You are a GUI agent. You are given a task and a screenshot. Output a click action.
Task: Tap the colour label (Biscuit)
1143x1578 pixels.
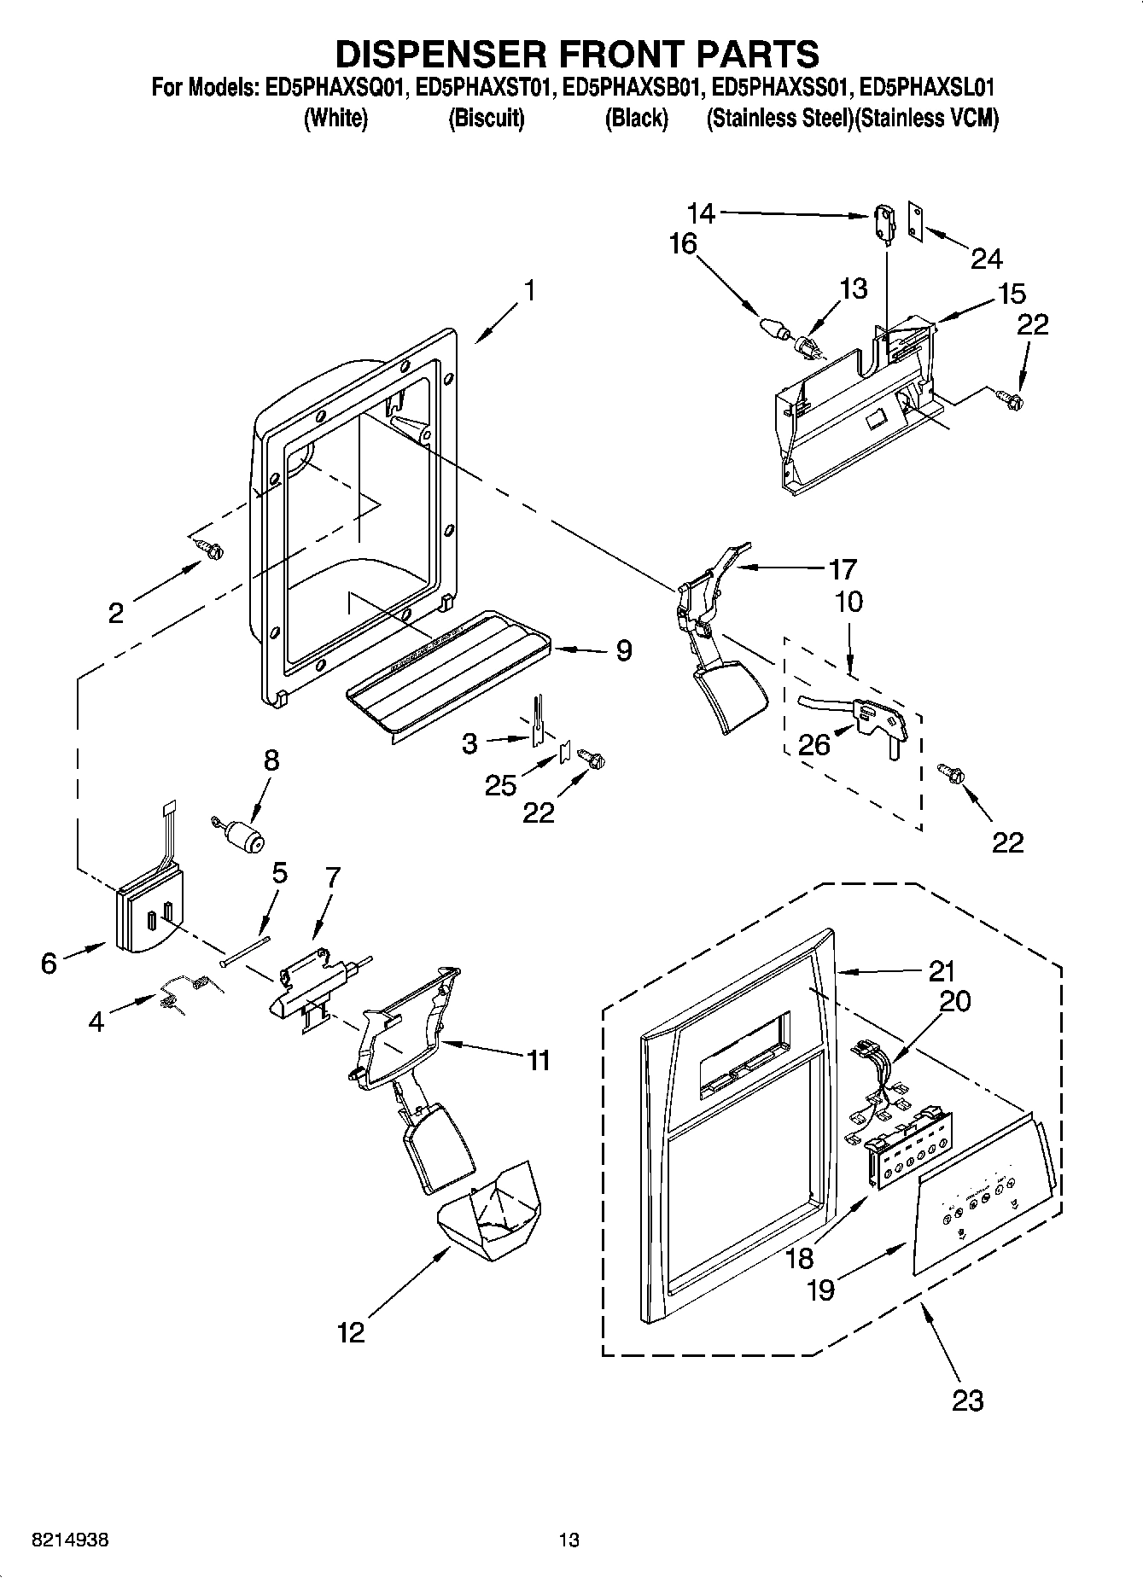tap(486, 119)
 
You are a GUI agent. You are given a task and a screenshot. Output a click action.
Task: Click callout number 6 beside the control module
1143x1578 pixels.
tap(49, 963)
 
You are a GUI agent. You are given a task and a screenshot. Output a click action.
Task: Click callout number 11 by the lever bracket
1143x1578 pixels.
tap(539, 1061)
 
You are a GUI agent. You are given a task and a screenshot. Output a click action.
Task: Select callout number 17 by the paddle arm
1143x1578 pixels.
tap(843, 569)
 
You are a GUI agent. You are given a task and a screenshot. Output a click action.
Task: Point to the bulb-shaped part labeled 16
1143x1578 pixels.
tap(773, 327)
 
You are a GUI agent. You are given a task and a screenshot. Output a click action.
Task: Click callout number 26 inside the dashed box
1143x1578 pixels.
tap(814, 744)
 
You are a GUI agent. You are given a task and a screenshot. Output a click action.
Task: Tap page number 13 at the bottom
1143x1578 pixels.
tap(569, 1540)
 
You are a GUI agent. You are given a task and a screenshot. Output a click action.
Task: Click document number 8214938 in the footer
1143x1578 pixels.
tap(69, 1540)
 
